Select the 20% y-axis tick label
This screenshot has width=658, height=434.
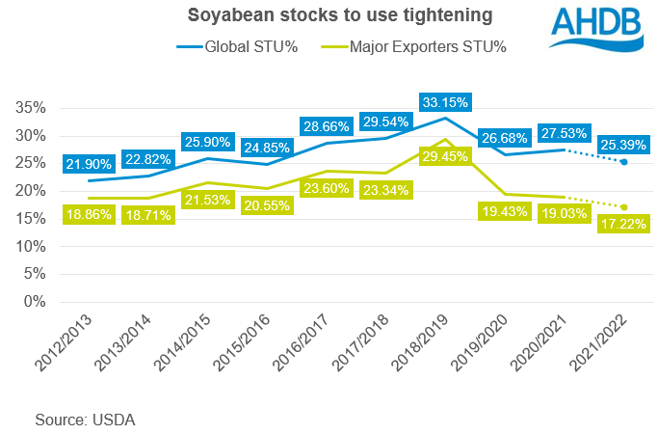tap(34, 191)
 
